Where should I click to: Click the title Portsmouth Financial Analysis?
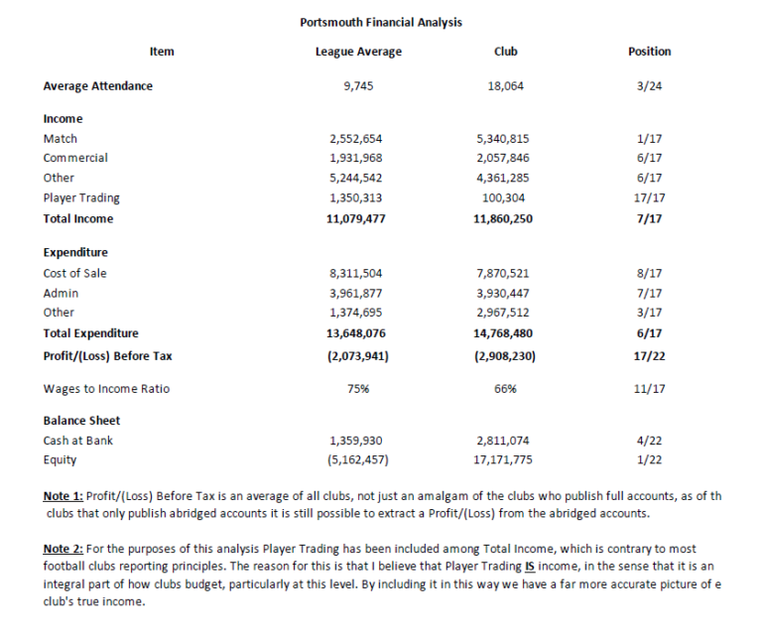click(380, 22)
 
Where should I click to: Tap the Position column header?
click(650, 52)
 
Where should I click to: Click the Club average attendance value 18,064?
click(505, 86)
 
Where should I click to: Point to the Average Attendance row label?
click(98, 86)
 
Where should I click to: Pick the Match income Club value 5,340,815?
click(505, 139)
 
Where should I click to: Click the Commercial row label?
click(75, 158)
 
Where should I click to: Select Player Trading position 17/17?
click(650, 197)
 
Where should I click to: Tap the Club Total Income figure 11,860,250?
click(505, 218)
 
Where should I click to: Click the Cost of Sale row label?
click(75, 273)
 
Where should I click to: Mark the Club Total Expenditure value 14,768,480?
click(505, 333)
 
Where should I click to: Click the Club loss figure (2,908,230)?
click(505, 355)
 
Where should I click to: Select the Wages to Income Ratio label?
click(106, 389)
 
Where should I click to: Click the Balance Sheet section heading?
click(81, 421)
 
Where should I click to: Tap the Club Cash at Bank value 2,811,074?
click(505, 441)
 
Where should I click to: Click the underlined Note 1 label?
click(63, 495)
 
